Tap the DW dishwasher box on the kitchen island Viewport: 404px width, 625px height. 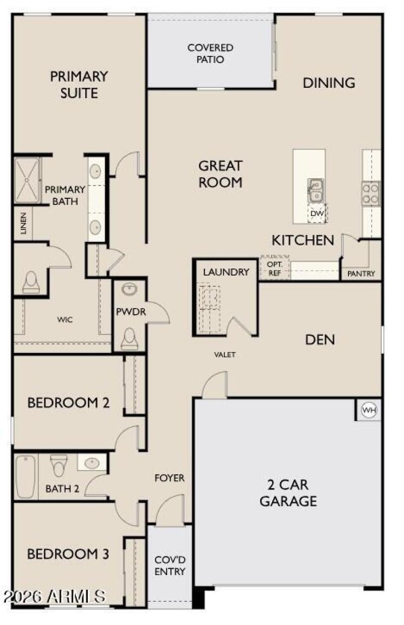(317, 214)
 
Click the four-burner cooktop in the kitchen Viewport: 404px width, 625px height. (370, 193)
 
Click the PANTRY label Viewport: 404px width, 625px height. (361, 274)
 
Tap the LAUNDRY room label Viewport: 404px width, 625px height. (226, 272)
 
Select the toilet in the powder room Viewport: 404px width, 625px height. (129, 338)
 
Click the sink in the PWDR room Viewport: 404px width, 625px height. (130, 290)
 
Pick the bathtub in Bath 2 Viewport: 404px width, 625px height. (25, 476)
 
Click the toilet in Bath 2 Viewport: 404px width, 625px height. (59, 465)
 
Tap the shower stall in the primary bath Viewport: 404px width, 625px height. (27, 180)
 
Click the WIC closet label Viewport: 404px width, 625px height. (64, 320)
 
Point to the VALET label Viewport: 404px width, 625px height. (225, 354)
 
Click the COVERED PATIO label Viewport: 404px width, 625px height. (210, 54)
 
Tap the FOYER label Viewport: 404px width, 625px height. (169, 478)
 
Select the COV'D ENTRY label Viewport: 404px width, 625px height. (170, 565)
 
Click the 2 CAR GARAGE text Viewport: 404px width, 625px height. (288, 493)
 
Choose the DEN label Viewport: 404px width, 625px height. (320, 339)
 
